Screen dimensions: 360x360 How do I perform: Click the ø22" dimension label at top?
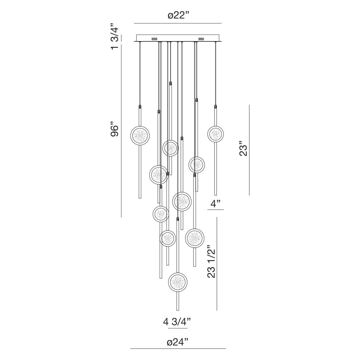[x=178, y=16]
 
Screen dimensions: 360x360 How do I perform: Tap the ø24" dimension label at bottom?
[x=178, y=342]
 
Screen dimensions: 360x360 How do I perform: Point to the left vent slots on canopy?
[x=154, y=39]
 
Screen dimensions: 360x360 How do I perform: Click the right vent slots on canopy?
[x=201, y=39]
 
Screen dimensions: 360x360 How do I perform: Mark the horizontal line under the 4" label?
[x=215, y=210]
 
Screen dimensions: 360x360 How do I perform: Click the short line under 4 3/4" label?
[x=178, y=328]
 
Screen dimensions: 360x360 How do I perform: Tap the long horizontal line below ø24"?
[x=178, y=349]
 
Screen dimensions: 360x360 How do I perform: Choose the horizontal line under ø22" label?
[x=178, y=23]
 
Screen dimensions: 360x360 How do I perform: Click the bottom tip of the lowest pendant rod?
[x=178, y=310]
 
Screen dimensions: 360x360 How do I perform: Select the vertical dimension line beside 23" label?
[x=249, y=150]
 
